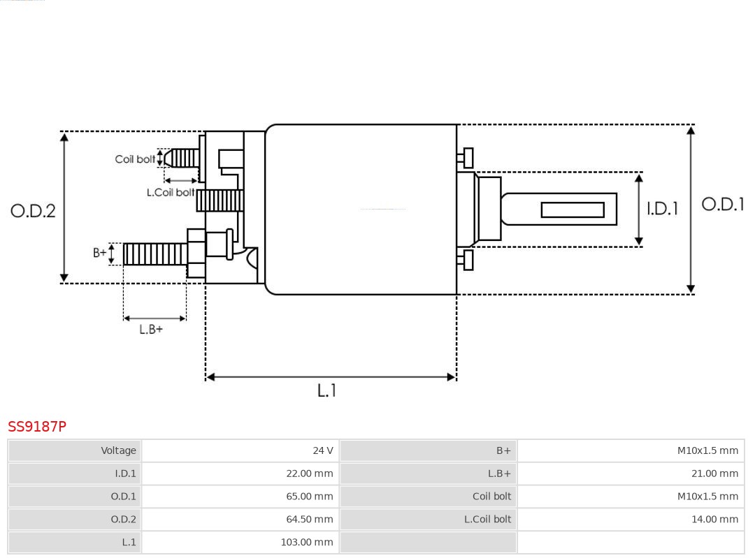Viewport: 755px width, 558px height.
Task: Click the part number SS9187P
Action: coord(37,426)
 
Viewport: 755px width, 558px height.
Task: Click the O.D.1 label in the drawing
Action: coord(723,204)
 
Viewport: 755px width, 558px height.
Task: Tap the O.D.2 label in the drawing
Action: coord(33,210)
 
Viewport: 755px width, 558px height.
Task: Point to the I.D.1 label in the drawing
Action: coord(661,208)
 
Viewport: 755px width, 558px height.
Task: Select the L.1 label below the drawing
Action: coord(327,390)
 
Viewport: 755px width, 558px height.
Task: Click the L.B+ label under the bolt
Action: coord(151,329)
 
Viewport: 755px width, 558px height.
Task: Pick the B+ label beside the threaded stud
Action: coord(100,253)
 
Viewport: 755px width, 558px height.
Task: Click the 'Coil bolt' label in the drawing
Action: coord(135,159)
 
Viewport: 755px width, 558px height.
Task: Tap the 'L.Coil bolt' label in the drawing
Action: coord(171,192)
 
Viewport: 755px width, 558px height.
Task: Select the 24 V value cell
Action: coord(240,450)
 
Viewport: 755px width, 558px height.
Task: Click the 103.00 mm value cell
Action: coord(240,542)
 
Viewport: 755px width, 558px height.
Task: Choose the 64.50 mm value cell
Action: coord(240,519)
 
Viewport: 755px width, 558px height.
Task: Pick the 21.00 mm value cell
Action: coord(631,473)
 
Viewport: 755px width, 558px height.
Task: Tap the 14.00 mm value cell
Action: coord(631,519)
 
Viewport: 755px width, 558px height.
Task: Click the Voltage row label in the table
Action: coord(75,450)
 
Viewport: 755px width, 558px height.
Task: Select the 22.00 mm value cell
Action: coord(240,473)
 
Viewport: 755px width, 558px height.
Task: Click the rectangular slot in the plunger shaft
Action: coord(573,210)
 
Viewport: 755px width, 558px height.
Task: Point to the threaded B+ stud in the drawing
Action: coord(154,254)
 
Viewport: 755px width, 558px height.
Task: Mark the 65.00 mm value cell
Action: coord(240,497)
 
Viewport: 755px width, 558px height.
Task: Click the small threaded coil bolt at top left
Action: coord(182,159)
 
